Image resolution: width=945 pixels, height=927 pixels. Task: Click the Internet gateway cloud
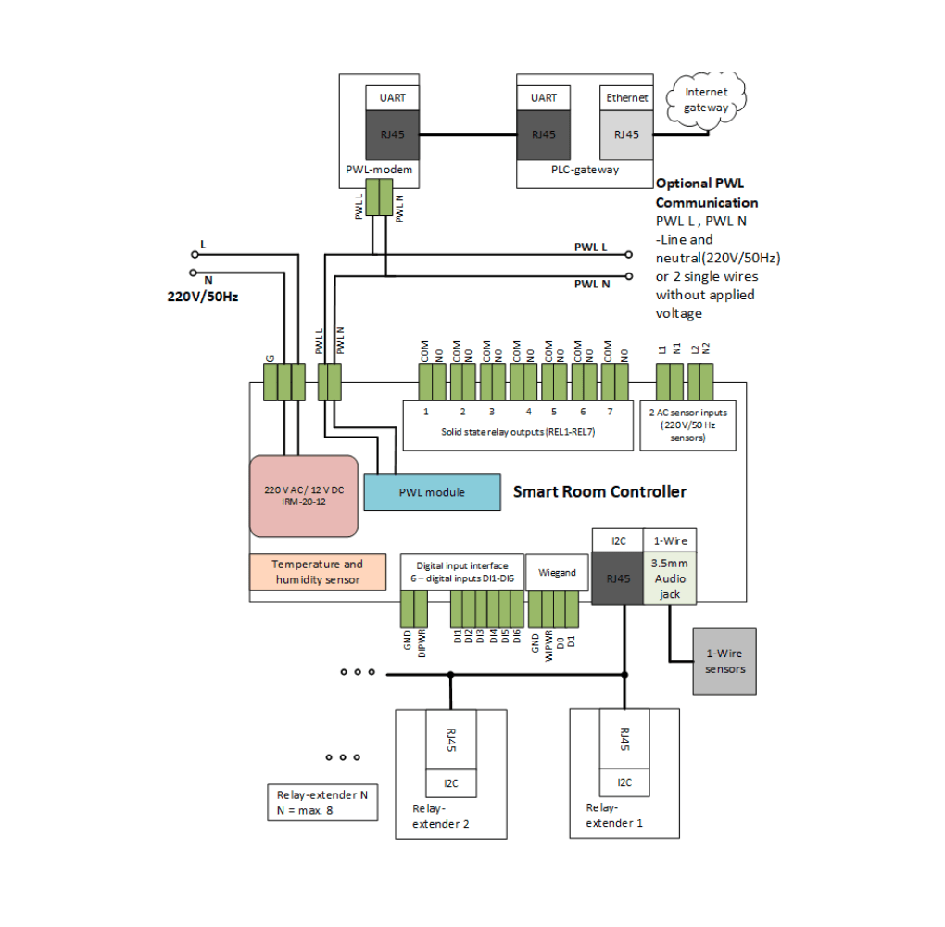click(x=706, y=100)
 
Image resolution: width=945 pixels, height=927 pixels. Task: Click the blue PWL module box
click(x=432, y=491)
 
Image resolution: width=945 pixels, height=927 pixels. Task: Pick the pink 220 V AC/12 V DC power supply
click(x=304, y=496)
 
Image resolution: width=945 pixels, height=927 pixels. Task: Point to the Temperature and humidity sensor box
click(x=318, y=572)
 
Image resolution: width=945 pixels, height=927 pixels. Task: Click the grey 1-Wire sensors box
click(x=724, y=662)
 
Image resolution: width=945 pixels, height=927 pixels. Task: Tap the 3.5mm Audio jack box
click(x=669, y=578)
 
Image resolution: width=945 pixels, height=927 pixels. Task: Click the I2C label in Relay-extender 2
click(x=450, y=783)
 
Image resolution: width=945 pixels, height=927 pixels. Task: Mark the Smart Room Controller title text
click(x=599, y=491)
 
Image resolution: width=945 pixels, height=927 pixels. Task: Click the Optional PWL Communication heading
click(x=706, y=193)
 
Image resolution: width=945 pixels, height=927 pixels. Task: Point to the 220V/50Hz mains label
click(x=203, y=298)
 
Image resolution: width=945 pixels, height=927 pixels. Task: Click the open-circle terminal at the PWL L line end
click(x=628, y=254)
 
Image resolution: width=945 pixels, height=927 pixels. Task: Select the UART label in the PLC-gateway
click(x=544, y=97)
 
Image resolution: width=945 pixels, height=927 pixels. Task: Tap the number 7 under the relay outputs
click(x=611, y=412)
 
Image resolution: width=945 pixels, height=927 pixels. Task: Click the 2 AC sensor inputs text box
click(x=687, y=425)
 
